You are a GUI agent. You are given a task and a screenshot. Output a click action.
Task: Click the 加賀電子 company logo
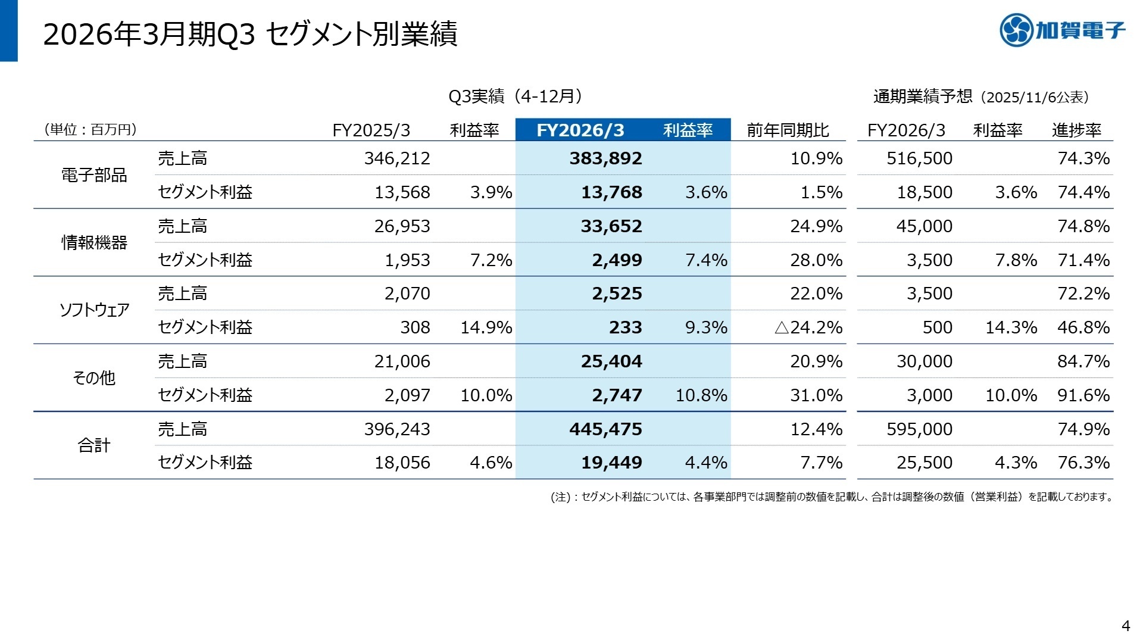click(x=1063, y=30)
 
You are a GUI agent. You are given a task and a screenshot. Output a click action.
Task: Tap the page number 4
click(x=1125, y=626)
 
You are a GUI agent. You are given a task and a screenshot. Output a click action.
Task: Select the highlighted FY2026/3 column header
click(x=580, y=130)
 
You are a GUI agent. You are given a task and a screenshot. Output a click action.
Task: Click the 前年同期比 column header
click(x=788, y=130)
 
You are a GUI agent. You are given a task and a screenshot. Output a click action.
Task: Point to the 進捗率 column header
click(x=1076, y=130)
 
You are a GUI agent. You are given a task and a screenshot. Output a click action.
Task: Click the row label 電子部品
click(x=94, y=175)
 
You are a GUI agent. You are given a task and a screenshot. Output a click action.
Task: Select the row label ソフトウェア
click(x=94, y=310)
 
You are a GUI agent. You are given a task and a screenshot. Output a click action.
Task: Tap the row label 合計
click(x=94, y=445)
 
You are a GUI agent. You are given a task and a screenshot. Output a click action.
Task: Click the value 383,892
click(x=605, y=158)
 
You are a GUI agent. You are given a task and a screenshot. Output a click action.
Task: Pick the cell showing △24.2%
click(x=808, y=327)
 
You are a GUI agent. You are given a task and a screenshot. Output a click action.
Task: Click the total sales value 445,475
click(x=605, y=429)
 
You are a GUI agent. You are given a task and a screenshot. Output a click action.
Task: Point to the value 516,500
click(x=919, y=158)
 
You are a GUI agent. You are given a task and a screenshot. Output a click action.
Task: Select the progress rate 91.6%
click(x=1083, y=395)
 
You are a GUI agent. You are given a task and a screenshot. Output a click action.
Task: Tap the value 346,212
click(x=396, y=158)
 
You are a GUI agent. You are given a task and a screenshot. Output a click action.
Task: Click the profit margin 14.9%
click(x=486, y=327)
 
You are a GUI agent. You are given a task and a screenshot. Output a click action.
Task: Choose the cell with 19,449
click(x=611, y=463)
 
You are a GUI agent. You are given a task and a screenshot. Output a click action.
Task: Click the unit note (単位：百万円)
click(x=90, y=130)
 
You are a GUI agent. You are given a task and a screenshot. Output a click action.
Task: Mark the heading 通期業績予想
click(x=923, y=97)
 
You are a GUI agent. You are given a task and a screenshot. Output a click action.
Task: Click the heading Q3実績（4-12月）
click(x=515, y=96)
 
